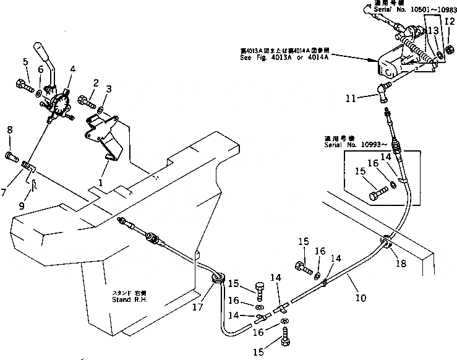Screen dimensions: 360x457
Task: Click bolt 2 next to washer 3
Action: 85,98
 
